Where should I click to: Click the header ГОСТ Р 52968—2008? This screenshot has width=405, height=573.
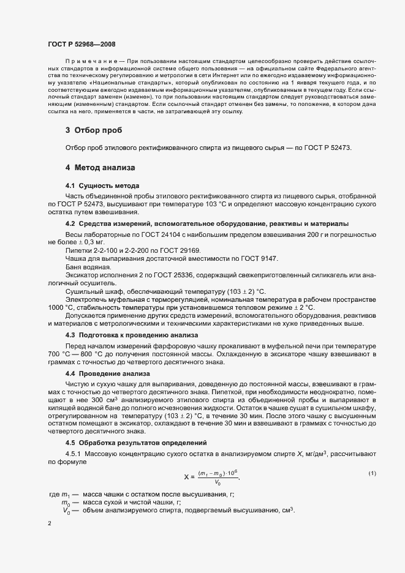click(81, 44)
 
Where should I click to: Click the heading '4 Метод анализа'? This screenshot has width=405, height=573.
click(100, 167)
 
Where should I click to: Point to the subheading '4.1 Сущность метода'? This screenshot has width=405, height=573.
click(102, 185)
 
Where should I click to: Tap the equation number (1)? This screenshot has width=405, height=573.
click(372, 474)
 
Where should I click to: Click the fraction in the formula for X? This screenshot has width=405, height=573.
click(218, 476)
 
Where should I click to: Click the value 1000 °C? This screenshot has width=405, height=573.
click(61, 307)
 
